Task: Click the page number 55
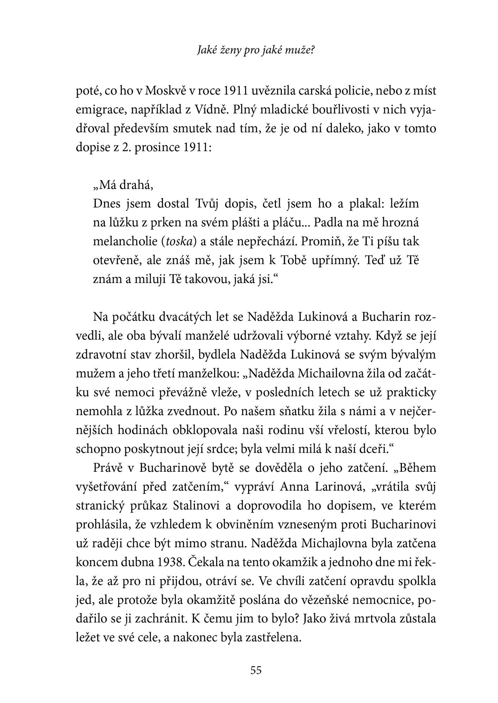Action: coord(256,670)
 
